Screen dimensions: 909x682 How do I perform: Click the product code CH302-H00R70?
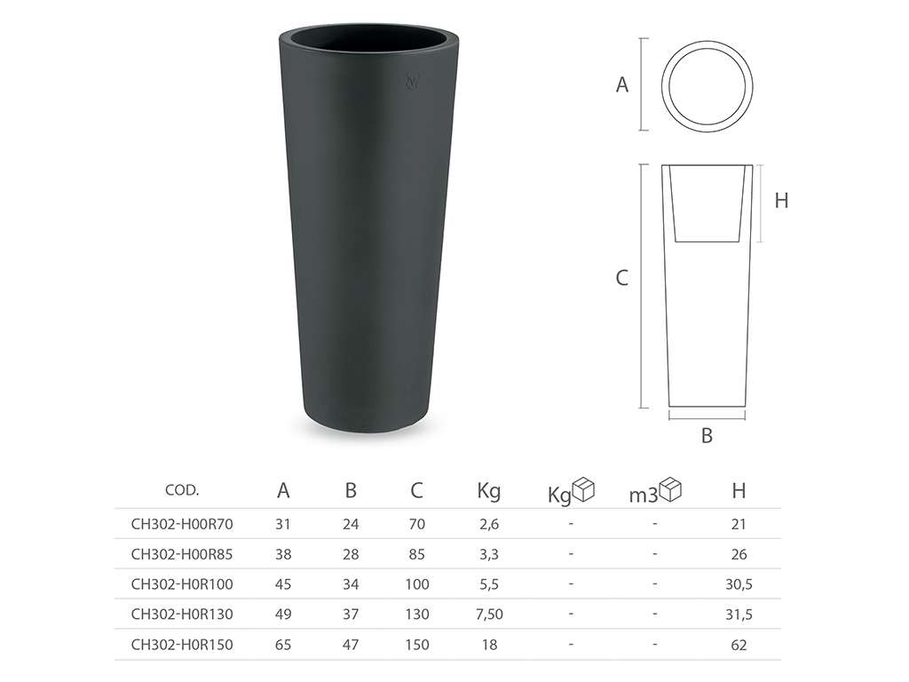(x=182, y=524)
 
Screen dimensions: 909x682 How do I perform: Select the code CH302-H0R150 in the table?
(x=182, y=645)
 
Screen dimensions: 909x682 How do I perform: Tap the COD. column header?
(x=182, y=490)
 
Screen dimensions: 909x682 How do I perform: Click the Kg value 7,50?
(x=489, y=615)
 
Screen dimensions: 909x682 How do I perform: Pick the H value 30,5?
(x=739, y=584)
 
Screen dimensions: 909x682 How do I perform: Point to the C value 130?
(x=417, y=615)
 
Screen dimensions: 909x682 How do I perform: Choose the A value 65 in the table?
(x=283, y=645)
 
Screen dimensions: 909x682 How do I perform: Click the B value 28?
(x=351, y=554)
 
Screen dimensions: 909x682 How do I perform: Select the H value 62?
(x=739, y=645)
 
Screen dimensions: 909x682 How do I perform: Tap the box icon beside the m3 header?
(x=671, y=489)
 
